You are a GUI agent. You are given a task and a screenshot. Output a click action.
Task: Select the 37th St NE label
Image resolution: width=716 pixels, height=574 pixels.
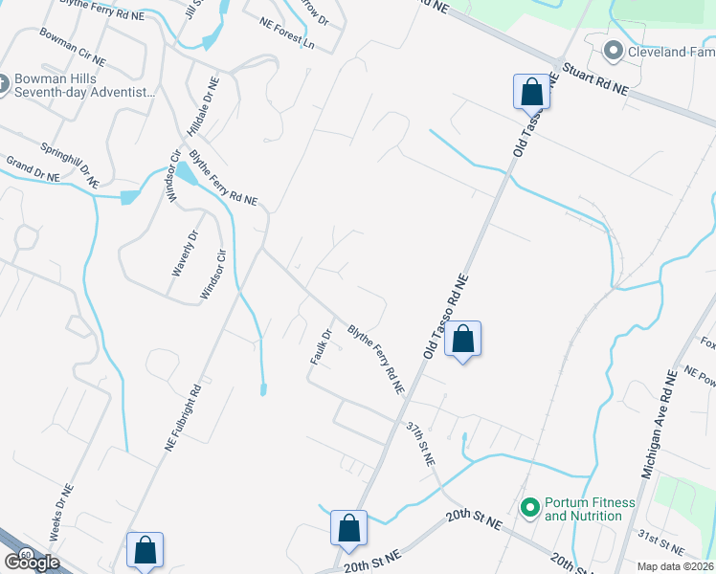(x=420, y=442)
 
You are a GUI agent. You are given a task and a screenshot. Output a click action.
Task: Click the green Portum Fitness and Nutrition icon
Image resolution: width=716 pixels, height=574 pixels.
(x=529, y=507)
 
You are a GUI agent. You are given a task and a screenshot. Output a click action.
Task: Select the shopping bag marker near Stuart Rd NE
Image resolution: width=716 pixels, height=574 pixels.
(x=532, y=92)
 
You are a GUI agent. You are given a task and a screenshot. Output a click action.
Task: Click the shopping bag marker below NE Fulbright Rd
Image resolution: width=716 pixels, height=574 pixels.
(x=145, y=550)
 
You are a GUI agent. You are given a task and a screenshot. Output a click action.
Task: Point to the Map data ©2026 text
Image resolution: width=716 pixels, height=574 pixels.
(x=675, y=566)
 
